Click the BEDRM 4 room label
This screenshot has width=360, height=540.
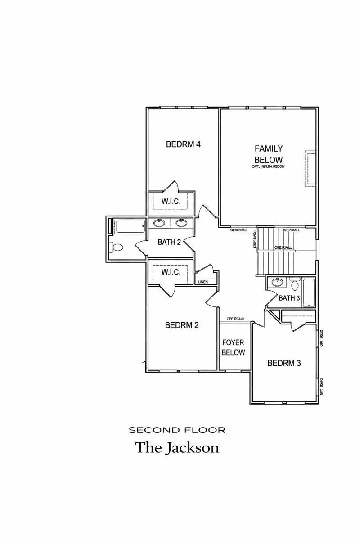point(183,144)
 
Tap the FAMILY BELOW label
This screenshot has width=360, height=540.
point(269,154)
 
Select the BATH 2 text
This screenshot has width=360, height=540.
point(169,242)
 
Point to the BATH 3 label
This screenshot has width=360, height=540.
point(289,298)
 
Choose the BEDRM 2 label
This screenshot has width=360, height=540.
point(182,325)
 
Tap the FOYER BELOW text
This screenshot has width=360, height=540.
point(233,347)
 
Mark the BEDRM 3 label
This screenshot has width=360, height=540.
point(284,363)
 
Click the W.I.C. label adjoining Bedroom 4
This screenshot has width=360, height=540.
point(171,202)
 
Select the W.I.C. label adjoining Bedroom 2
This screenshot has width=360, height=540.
point(171,272)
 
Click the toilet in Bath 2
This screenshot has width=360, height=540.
point(117,247)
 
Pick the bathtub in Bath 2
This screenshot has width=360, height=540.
point(129,226)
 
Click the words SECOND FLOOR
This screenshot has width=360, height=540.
point(177,430)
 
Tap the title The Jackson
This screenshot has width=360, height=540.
point(177,448)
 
